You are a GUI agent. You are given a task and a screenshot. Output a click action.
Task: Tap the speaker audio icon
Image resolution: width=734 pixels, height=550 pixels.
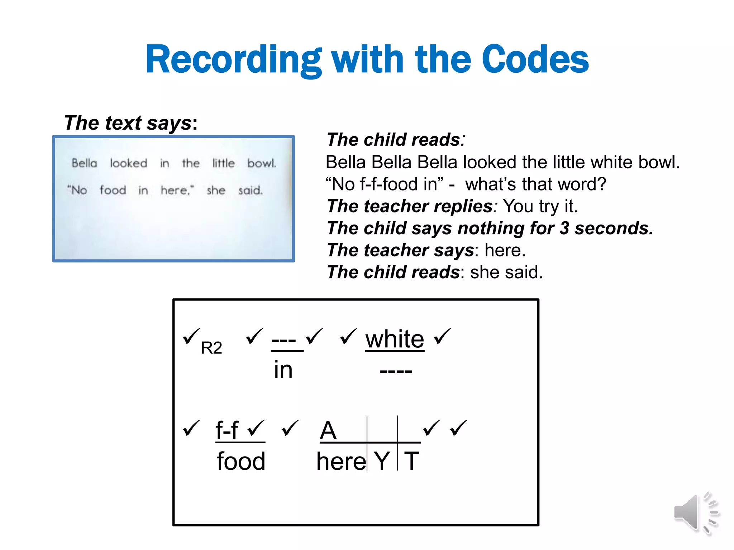pyautogui.click(x=695, y=513)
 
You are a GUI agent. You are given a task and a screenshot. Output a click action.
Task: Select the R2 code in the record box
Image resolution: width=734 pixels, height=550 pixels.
pyautogui.click(x=211, y=348)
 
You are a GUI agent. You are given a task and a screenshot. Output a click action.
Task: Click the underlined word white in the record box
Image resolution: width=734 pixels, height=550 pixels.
pyautogui.click(x=395, y=339)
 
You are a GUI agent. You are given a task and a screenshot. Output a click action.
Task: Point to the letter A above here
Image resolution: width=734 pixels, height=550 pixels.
pyautogui.click(x=328, y=430)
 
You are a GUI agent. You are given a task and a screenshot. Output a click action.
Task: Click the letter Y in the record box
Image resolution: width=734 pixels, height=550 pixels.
pyautogui.click(x=382, y=461)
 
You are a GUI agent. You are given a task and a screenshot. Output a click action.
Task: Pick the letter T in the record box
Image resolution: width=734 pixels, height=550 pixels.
pyautogui.click(x=411, y=461)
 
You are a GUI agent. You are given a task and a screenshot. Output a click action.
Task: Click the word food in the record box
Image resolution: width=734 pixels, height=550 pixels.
pyautogui.click(x=241, y=461)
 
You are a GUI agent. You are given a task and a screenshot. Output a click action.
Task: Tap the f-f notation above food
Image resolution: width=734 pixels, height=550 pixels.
pyautogui.click(x=227, y=430)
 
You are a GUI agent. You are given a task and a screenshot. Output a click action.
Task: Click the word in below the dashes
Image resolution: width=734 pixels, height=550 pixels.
pyautogui.click(x=283, y=370)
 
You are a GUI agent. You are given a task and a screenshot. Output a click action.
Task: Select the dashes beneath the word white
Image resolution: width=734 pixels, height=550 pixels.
pyautogui.click(x=396, y=371)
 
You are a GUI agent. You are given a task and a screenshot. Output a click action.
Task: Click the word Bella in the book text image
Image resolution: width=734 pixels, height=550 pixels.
pyautogui.click(x=84, y=163)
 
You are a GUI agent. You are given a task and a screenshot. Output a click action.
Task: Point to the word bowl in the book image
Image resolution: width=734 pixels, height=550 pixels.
pyautogui.click(x=262, y=163)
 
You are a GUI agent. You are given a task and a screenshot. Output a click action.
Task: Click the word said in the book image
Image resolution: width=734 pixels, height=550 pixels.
pyautogui.click(x=251, y=190)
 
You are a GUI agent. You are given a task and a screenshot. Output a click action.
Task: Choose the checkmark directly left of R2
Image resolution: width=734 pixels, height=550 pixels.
pyautogui.click(x=191, y=336)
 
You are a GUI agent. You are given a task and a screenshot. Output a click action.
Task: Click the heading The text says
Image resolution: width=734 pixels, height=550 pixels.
pyautogui.click(x=130, y=123)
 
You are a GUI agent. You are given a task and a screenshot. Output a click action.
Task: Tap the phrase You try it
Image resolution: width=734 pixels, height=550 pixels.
pyautogui.click(x=540, y=206)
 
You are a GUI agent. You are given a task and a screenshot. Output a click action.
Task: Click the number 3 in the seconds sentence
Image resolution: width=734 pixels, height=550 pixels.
pyautogui.click(x=564, y=228)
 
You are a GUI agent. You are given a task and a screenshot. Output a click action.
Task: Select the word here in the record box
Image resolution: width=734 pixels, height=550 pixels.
pyautogui.click(x=341, y=461)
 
